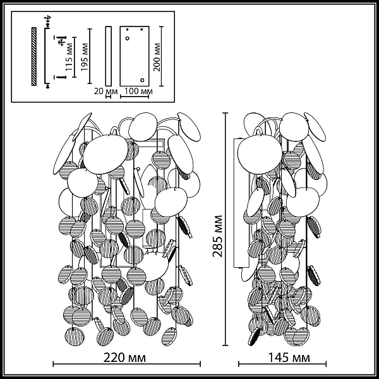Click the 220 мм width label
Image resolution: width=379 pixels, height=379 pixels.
pyautogui.click(x=124, y=358)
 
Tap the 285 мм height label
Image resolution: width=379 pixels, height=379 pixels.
pyautogui.click(x=217, y=236)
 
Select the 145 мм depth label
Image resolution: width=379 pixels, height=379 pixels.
pyautogui.click(x=289, y=358)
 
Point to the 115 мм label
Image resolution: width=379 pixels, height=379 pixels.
pyautogui.click(x=69, y=57)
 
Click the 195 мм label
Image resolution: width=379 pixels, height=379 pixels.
pyautogui.click(x=85, y=57)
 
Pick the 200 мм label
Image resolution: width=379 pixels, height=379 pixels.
pyautogui.click(x=157, y=57)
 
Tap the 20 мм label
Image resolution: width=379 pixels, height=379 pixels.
pyautogui.click(x=105, y=92)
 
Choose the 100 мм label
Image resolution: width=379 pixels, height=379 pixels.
pyautogui.click(x=138, y=91)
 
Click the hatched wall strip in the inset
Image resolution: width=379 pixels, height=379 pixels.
pyautogui.click(x=34, y=56)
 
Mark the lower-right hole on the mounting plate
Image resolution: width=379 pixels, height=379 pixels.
pyautogui.click(x=142, y=80)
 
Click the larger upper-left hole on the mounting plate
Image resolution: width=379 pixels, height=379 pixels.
pyautogui.click(x=127, y=38)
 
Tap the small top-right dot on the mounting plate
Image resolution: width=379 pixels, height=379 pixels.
pyautogui.click(x=141, y=30)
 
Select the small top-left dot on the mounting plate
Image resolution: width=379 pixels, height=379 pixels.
pyautogui.click(x=127, y=30)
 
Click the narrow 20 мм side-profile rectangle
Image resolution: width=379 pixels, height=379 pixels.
pyautogui.click(x=109, y=56)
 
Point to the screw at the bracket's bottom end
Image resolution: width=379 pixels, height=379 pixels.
pyautogui.click(x=47, y=86)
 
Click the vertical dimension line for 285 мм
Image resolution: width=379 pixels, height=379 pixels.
pyautogui.click(x=226, y=229)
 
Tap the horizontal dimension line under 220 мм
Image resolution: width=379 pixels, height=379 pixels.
pyautogui.click(x=127, y=364)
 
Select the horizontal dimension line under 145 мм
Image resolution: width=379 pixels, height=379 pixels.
pyautogui.click(x=282, y=364)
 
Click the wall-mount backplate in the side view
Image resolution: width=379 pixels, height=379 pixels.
pyautogui.click(x=241, y=203)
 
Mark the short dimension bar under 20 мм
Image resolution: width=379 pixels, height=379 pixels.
pyautogui.click(x=108, y=97)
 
